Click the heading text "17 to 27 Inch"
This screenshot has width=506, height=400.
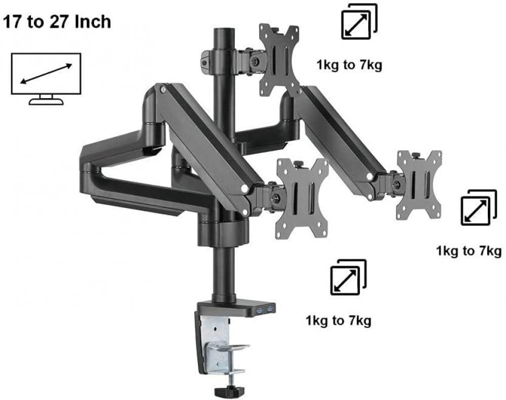tap(57, 22)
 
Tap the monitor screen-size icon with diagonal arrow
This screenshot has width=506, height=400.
tap(46, 79)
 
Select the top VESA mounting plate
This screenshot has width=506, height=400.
tap(279, 60)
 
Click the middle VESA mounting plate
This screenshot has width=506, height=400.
tap(302, 198)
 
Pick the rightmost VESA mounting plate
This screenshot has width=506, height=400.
tap(419, 185)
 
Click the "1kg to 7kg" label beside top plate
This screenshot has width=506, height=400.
tap(349, 65)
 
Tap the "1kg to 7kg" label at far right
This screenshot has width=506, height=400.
tap(469, 251)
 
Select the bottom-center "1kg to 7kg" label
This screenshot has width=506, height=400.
tap(338, 321)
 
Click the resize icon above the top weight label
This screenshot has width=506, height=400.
tap(359, 21)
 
